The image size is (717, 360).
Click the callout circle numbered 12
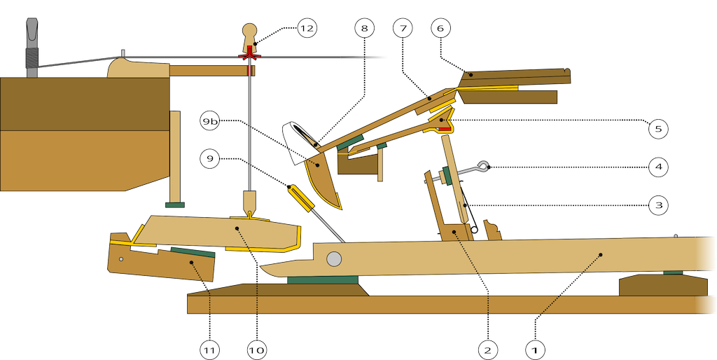point(306,28)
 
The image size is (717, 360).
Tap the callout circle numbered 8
point(363,28)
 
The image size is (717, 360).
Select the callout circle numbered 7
point(401,28)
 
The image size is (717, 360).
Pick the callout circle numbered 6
point(440,28)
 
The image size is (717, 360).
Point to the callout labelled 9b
point(210,121)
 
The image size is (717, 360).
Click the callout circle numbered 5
point(657,129)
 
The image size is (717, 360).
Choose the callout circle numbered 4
point(657,167)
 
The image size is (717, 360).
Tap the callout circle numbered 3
point(657,205)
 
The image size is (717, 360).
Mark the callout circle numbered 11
point(209,348)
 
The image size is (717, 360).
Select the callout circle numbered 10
point(256,348)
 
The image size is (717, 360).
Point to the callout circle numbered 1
point(534,348)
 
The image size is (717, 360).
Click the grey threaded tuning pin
point(30,49)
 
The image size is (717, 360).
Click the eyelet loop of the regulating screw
point(482,166)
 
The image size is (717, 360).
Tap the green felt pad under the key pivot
point(323,280)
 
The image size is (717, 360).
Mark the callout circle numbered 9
point(210,159)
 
